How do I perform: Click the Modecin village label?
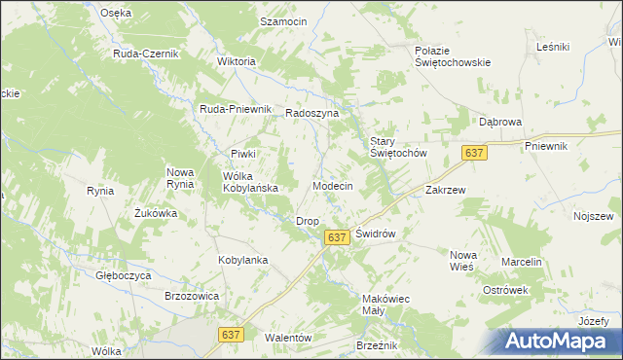pos(332,185)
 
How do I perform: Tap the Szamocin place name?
pos(282,20)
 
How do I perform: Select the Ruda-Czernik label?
pos(146,54)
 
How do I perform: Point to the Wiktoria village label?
pos(236,61)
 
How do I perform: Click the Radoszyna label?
pos(311,113)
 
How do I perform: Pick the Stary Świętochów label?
pos(397,147)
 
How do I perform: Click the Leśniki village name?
pos(553,46)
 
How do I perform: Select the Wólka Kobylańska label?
pos(251,182)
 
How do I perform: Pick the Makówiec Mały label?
pos(385,304)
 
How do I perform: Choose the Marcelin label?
pos(521,263)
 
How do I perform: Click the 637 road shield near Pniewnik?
pos(474,154)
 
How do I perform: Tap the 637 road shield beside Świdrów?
pos(337,237)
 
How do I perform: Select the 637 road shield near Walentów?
pos(230,334)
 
